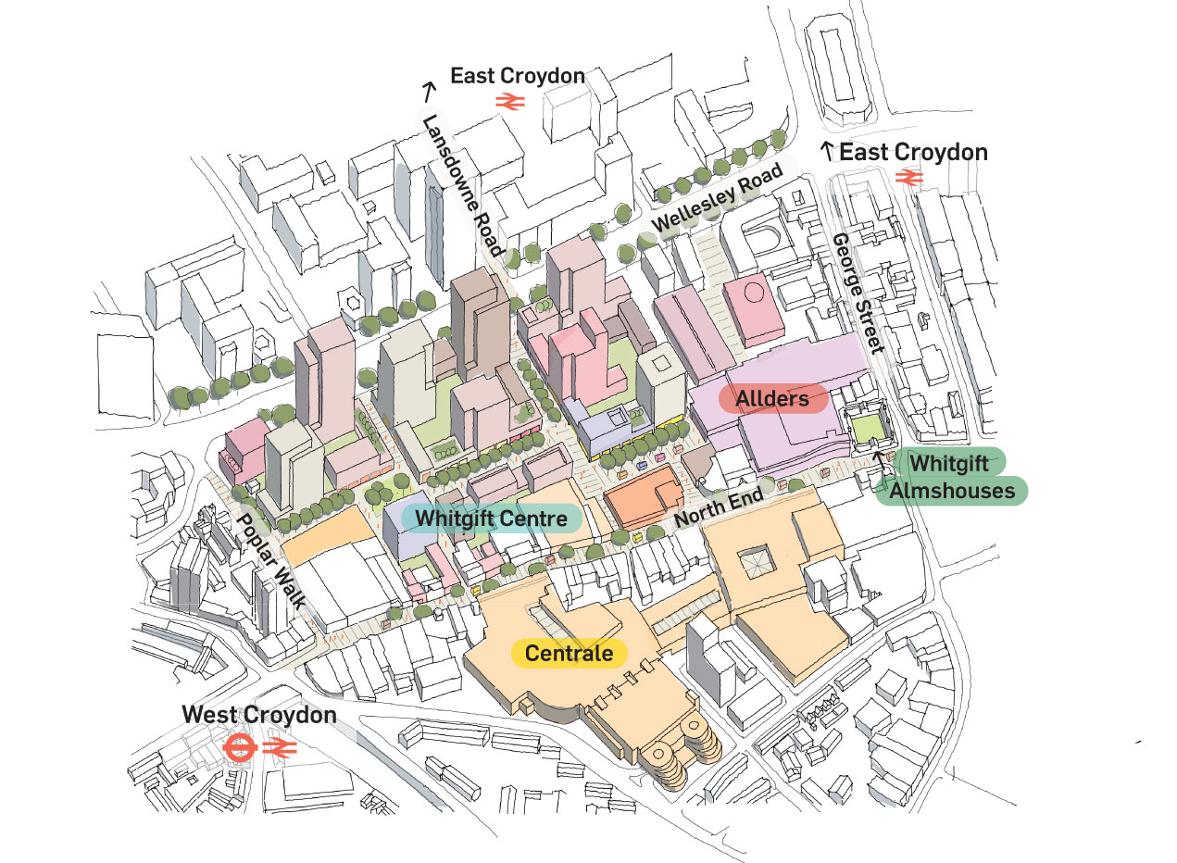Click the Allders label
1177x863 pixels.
(772, 399)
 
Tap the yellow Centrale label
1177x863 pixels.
(569, 654)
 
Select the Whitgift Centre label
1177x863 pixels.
(491, 517)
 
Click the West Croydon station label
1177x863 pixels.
(259, 715)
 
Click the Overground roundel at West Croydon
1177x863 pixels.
(239, 747)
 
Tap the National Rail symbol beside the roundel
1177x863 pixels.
(279, 747)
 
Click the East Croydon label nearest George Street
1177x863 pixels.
(913, 152)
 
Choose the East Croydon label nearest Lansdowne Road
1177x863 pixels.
(518, 76)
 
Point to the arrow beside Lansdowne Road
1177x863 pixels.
(428, 91)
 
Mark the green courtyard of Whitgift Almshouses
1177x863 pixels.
(867, 429)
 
